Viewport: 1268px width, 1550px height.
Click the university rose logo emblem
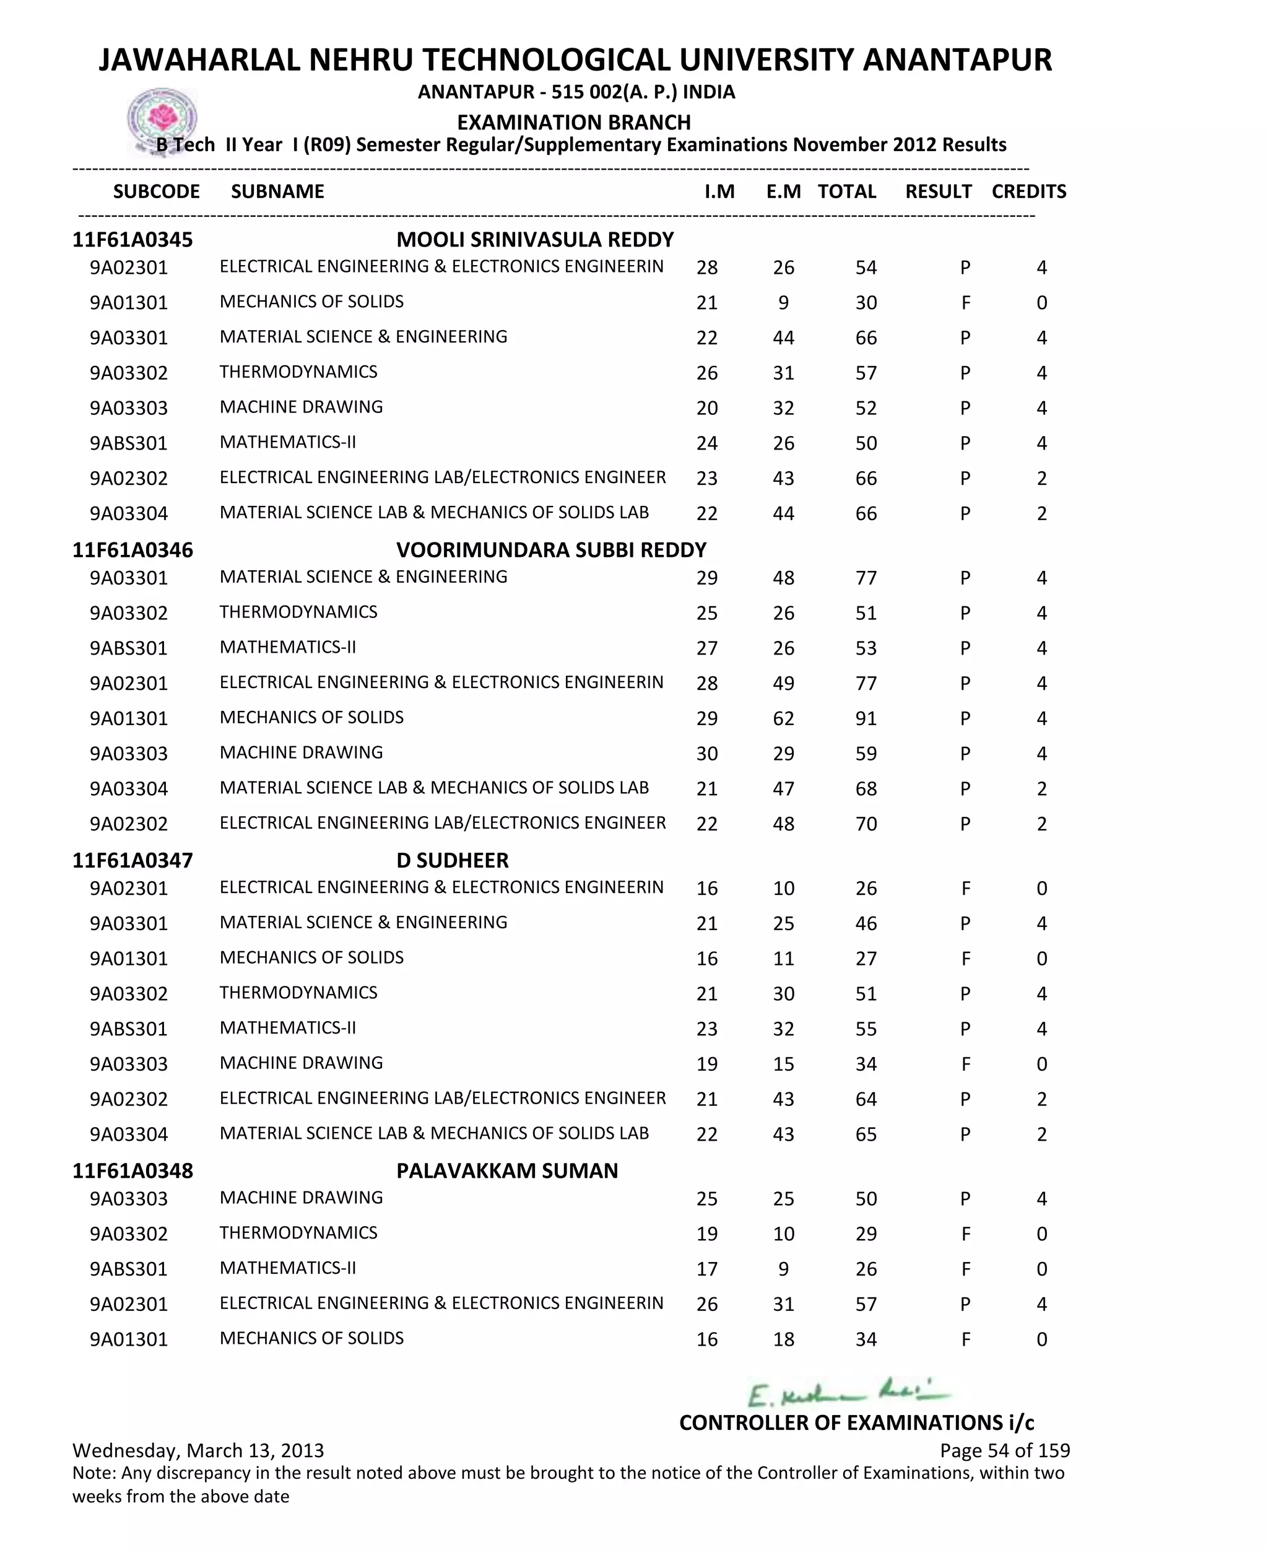coord(162,118)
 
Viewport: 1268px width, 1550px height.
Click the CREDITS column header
coord(1028,191)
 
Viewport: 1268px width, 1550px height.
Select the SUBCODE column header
coord(156,191)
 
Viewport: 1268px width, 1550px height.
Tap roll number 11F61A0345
coord(132,240)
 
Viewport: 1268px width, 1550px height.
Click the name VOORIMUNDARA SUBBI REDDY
coord(551,550)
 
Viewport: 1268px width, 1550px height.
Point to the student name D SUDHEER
coord(452,861)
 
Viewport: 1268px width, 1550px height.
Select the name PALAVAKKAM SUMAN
coord(507,1171)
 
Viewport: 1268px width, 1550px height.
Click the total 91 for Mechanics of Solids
coord(866,719)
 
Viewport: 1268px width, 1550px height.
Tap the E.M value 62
coord(783,719)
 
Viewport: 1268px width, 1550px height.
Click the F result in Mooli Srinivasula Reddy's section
coord(965,303)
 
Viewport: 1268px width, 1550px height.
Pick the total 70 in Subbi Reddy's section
coord(866,824)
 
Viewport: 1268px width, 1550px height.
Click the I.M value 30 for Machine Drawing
coord(706,754)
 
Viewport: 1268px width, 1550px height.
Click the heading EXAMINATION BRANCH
coord(573,122)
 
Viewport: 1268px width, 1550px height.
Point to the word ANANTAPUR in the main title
coord(957,60)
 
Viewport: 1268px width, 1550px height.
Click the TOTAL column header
coord(846,191)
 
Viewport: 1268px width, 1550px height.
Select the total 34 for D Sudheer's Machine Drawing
coord(866,1065)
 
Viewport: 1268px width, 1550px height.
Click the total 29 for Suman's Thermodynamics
coord(866,1234)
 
